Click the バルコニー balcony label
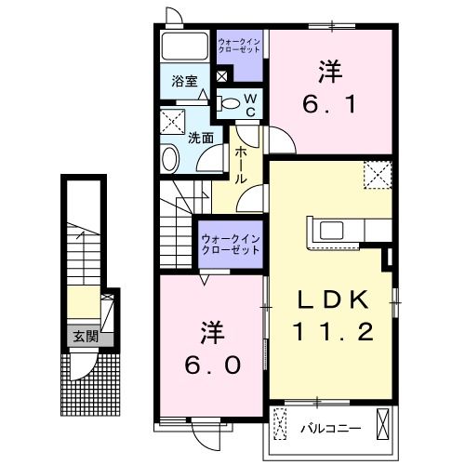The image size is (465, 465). (x=325, y=429)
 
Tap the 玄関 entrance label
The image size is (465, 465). (x=86, y=337)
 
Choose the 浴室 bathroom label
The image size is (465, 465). (x=183, y=81)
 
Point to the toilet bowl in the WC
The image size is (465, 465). (x=228, y=103)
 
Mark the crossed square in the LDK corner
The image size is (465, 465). (x=377, y=173)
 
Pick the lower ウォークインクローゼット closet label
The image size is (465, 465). (x=231, y=246)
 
